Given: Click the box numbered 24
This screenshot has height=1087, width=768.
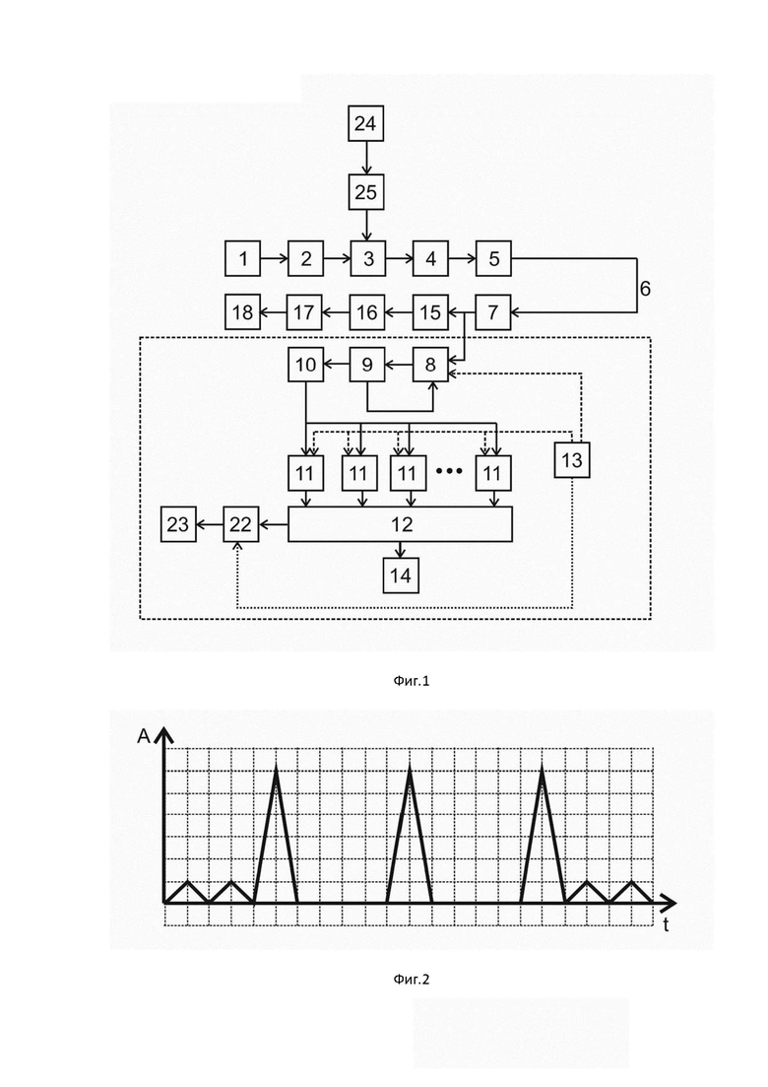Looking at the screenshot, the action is point(365,123).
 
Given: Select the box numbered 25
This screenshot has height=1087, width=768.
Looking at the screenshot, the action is point(365,191).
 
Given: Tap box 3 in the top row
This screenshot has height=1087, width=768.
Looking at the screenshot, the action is point(368,258).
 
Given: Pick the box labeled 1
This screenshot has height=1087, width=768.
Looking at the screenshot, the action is point(243,258).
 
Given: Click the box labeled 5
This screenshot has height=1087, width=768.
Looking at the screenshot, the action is point(493,258).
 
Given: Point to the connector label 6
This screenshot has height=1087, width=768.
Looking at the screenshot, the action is point(645,288).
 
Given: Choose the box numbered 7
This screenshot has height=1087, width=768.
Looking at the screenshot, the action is point(492,312).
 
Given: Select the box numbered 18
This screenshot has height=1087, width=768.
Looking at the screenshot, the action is point(242,312).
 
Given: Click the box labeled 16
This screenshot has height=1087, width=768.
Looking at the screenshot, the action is point(366,312).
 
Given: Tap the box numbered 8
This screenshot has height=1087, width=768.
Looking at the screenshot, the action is point(430,364).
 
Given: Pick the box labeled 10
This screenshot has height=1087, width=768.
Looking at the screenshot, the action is point(305,364).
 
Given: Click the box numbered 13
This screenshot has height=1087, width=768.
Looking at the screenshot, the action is point(572,459).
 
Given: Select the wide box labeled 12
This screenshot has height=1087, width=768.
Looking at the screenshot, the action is point(401,524).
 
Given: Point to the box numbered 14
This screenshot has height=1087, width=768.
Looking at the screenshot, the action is point(401,576).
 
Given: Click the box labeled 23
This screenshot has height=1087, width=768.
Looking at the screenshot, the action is point(178,524).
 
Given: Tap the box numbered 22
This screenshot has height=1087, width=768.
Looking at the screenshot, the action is point(240,524).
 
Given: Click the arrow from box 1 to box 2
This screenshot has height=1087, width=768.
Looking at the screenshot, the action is point(275,258).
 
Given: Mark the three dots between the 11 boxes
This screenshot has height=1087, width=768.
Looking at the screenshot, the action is point(449,472).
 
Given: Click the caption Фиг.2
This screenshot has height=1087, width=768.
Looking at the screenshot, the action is point(412,979).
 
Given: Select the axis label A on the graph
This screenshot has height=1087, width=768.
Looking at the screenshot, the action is point(144,735).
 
